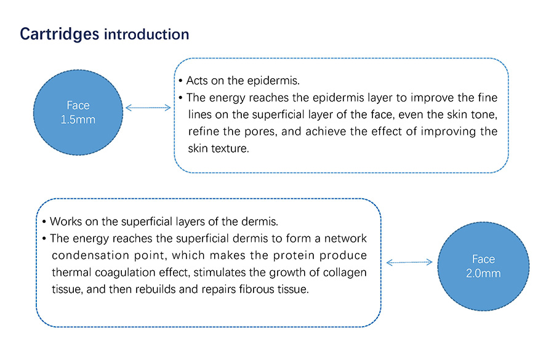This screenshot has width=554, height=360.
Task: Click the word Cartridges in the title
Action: [59, 34]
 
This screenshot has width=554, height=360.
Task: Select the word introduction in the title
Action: [147, 34]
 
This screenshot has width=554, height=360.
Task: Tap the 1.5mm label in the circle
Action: [78, 119]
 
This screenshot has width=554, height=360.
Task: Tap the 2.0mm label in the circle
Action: [483, 273]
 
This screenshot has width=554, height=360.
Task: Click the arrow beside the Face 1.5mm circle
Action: [148, 108]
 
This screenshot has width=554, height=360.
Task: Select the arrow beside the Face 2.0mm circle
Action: [409, 262]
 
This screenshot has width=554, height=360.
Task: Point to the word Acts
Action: [197, 81]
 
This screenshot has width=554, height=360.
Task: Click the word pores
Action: [261, 132]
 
